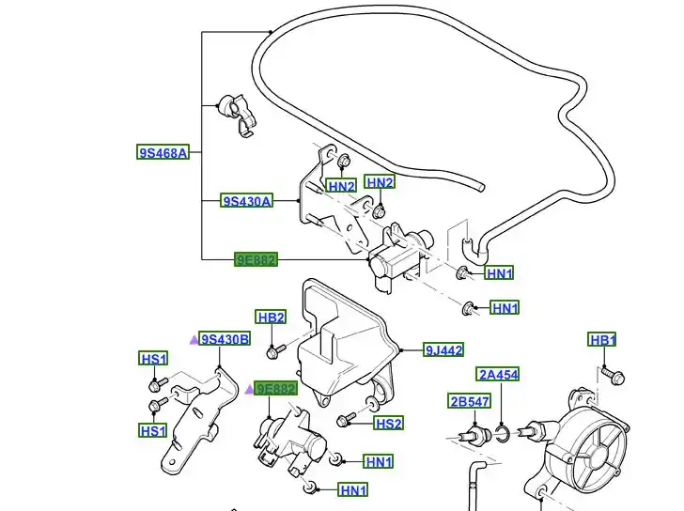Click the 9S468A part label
[x=163, y=152]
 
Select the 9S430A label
[x=247, y=201]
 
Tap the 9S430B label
[x=225, y=339]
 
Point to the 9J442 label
[x=443, y=350]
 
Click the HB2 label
[x=271, y=317]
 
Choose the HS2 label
[x=389, y=424]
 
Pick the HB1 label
[x=602, y=340]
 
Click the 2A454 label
[x=498, y=375]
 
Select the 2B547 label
[x=469, y=402]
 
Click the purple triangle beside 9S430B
[x=194, y=340]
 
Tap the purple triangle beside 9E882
[x=250, y=389]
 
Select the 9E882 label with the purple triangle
[x=277, y=389]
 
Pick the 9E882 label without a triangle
[x=256, y=259]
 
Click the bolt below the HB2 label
[x=273, y=351]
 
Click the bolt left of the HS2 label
[x=347, y=419]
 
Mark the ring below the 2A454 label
[x=503, y=433]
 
